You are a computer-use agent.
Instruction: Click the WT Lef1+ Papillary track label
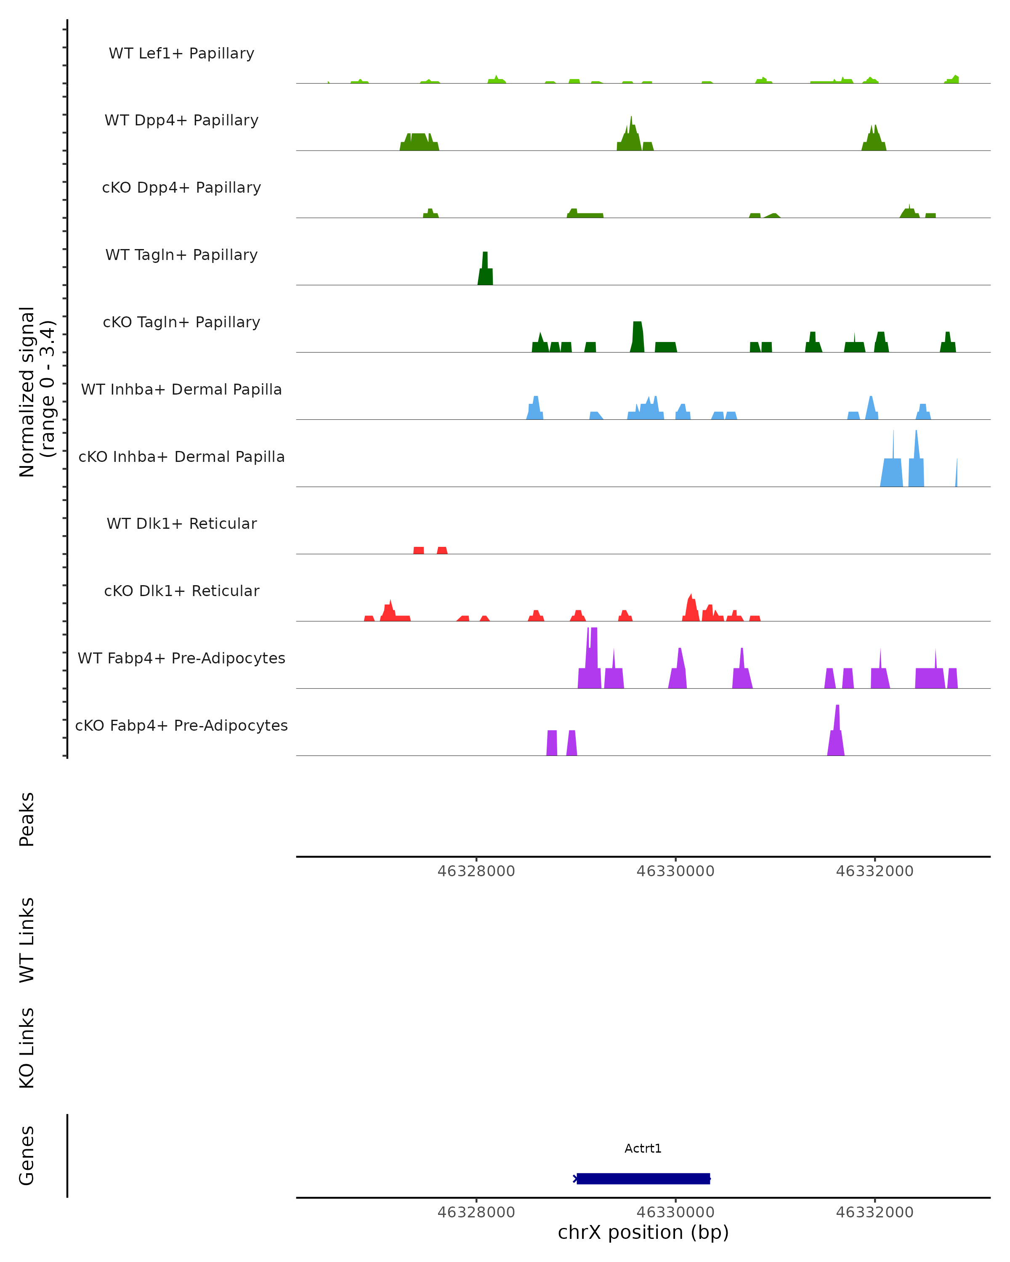[x=181, y=53]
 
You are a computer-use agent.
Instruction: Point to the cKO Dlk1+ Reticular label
[x=181, y=591]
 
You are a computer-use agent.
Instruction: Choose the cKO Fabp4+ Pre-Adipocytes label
[x=181, y=725]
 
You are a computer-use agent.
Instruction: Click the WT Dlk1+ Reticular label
[x=181, y=523]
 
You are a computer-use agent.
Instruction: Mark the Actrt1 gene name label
[x=643, y=1148]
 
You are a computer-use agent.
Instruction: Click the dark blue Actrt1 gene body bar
[x=643, y=1178]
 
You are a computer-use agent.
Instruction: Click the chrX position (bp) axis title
[x=643, y=1232]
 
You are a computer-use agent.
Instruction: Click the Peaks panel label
[x=27, y=819]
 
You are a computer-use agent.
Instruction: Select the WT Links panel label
[x=27, y=939]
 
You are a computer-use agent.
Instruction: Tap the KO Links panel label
[x=27, y=1048]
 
